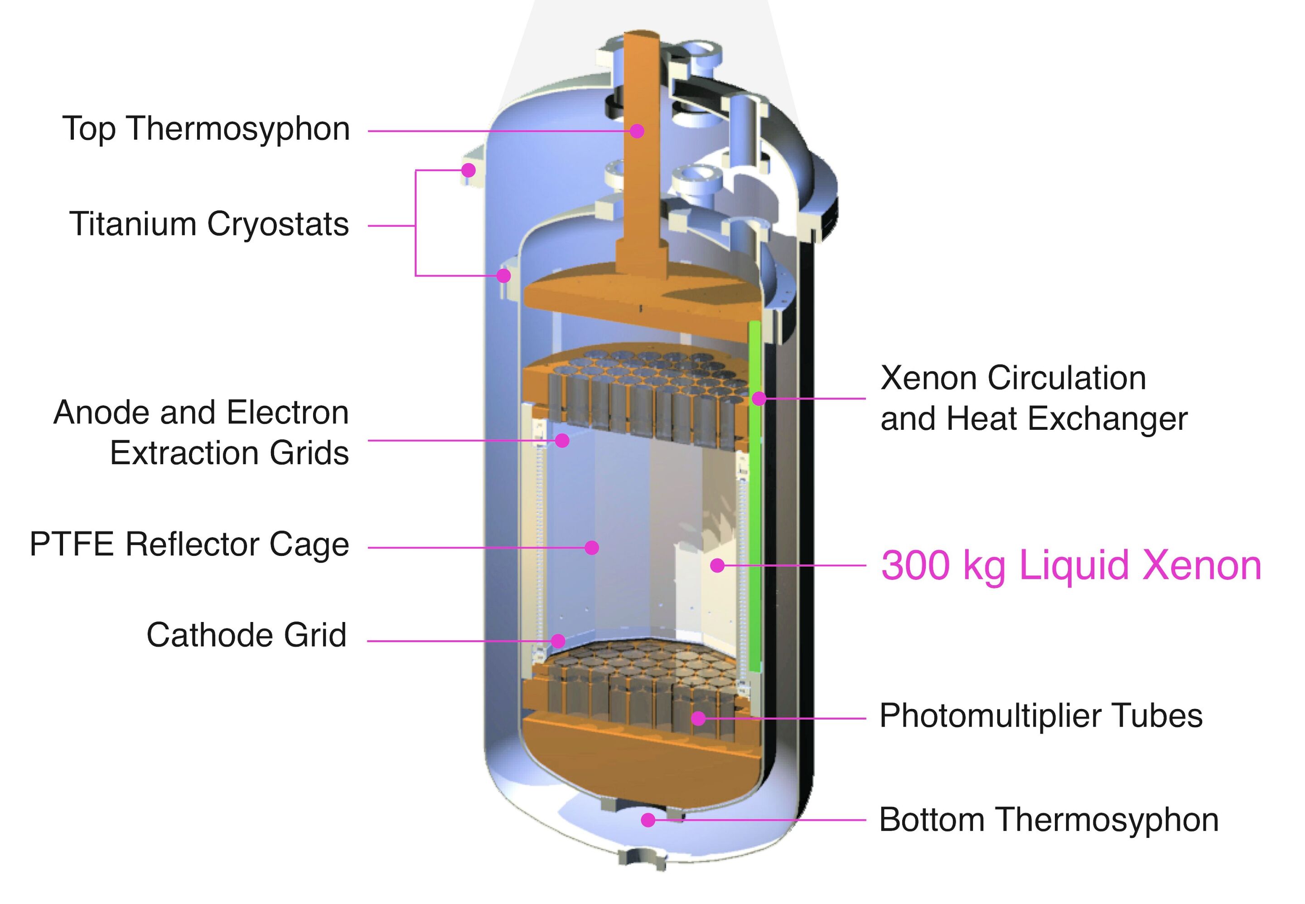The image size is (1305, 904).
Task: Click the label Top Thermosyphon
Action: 206,129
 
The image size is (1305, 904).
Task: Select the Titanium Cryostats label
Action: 209,224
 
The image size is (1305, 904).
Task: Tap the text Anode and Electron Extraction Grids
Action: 202,433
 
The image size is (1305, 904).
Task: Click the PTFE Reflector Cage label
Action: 189,545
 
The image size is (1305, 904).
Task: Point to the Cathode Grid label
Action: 246,635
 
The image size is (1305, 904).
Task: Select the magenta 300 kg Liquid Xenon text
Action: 1071,565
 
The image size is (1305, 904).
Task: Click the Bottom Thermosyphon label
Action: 1049,820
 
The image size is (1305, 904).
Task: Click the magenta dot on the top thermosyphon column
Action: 637,131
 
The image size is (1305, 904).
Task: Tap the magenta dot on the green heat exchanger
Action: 759,399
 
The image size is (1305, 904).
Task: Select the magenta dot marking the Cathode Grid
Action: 558,641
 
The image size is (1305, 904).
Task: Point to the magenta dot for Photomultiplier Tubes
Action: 699,718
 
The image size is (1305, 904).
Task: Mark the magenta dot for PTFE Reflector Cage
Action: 592,547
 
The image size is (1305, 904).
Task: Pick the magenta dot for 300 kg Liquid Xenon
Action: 717,565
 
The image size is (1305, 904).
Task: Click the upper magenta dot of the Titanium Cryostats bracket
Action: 468,170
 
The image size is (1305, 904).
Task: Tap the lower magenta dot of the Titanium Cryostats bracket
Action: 503,276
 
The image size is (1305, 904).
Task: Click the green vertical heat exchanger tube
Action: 754,510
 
